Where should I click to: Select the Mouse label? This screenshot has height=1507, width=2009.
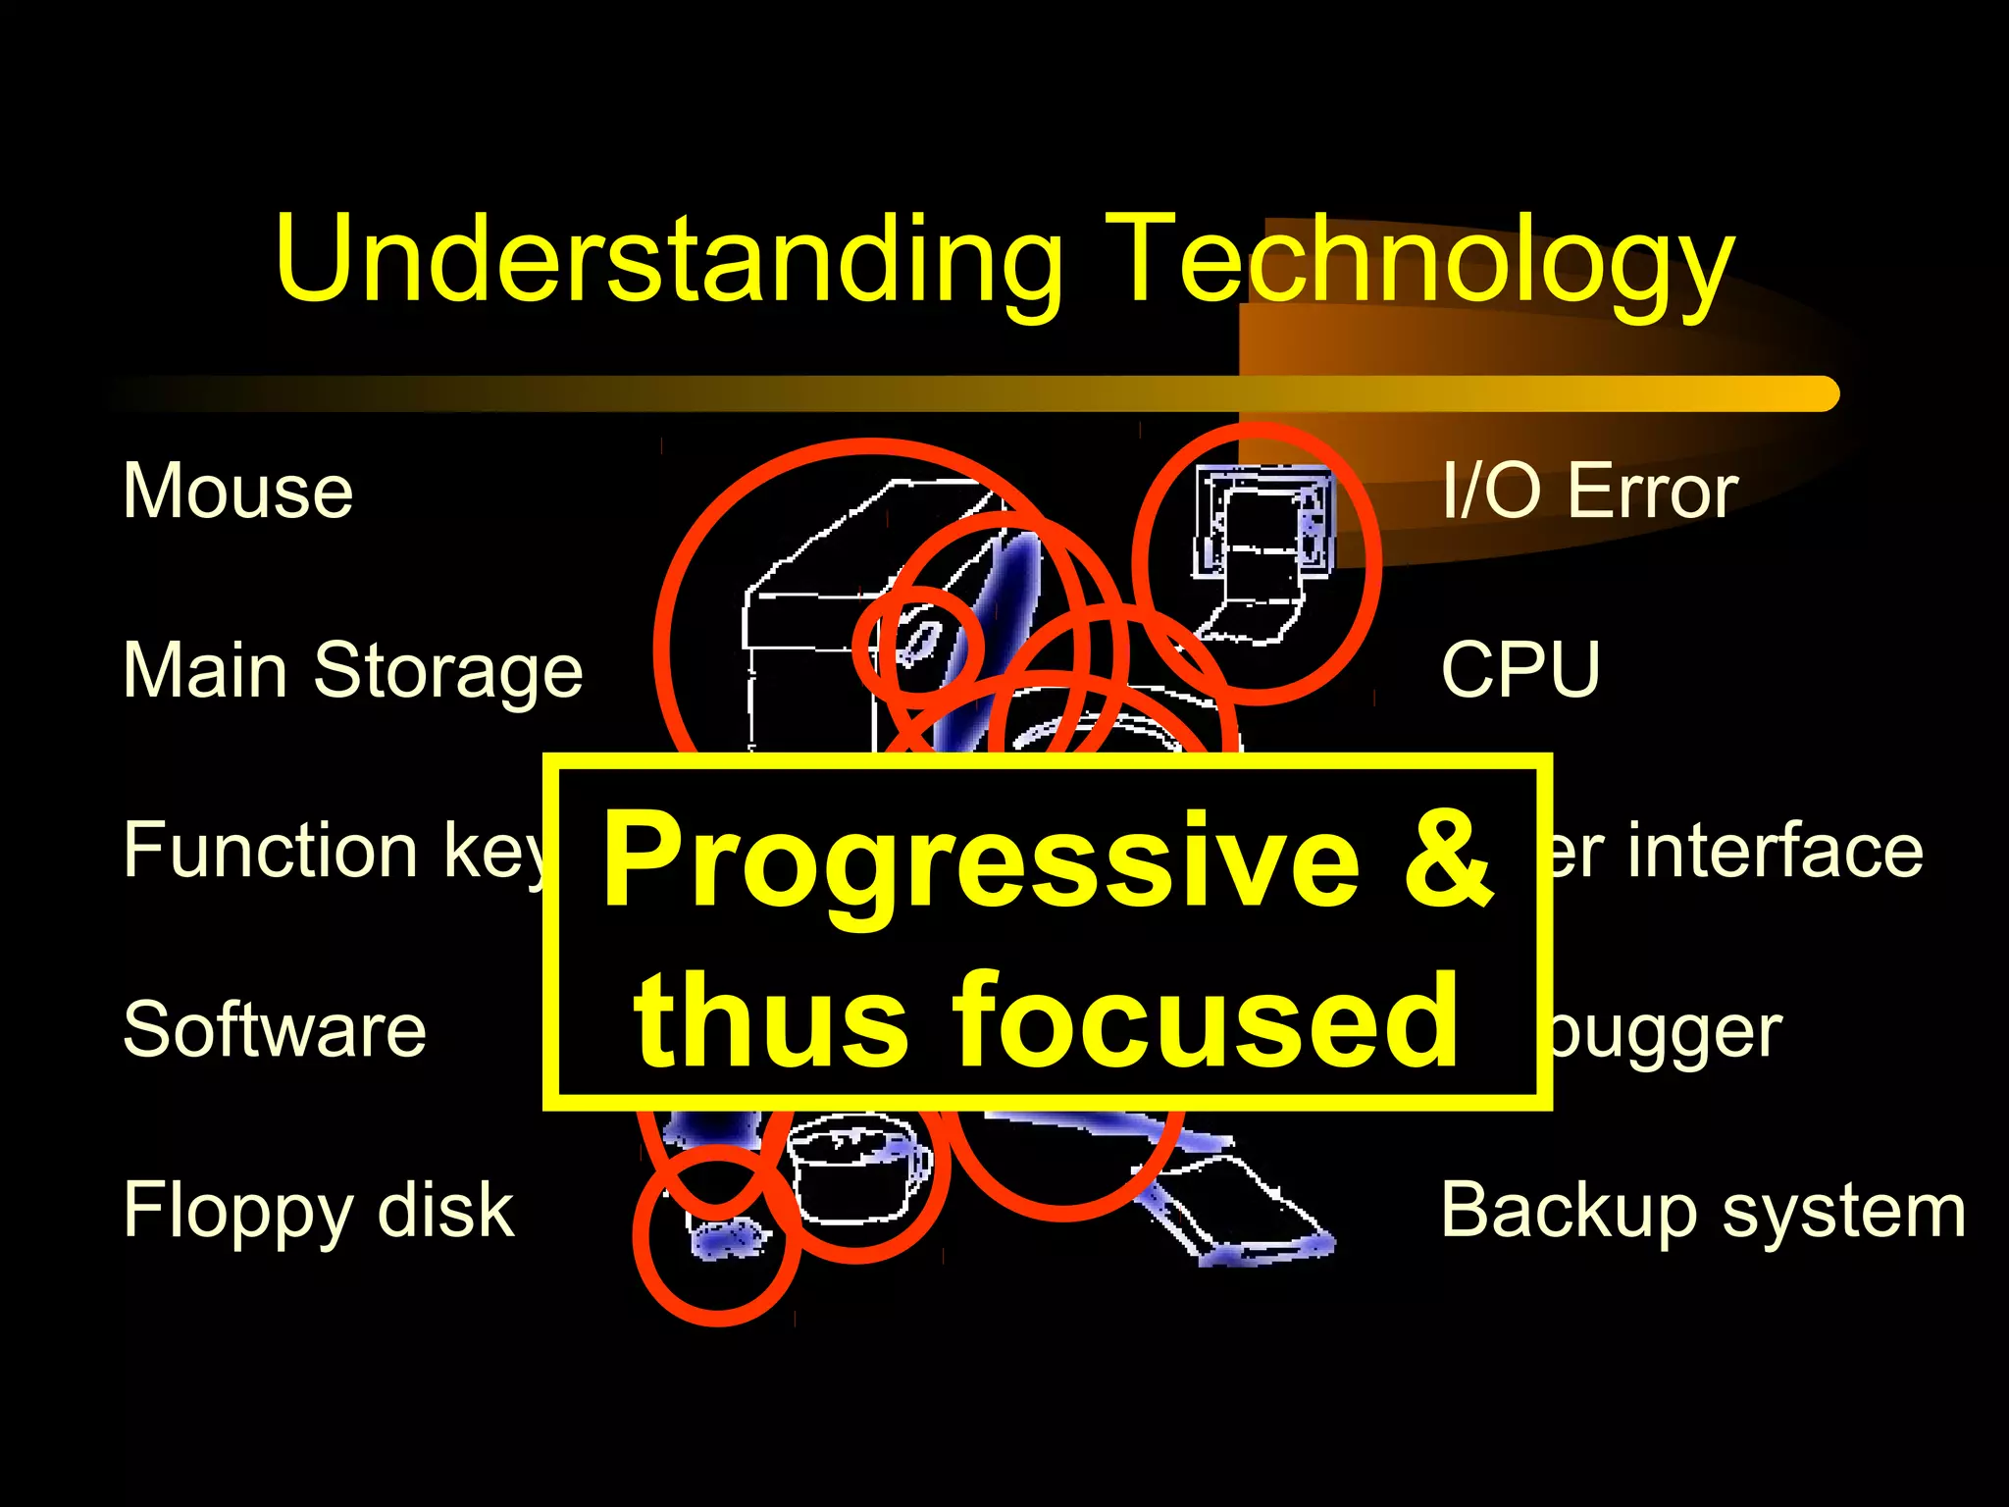[x=237, y=491]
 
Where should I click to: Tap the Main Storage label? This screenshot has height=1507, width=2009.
[x=353, y=671]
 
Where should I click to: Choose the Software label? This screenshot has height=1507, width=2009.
[x=275, y=1030]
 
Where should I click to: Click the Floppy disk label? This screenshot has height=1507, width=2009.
[x=318, y=1211]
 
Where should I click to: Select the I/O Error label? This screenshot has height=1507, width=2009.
[x=1589, y=491]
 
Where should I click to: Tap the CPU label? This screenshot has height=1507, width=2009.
[x=1520, y=671]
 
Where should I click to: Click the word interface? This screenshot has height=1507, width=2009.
[x=1776, y=850]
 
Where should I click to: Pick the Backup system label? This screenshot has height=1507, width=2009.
[x=1703, y=1211]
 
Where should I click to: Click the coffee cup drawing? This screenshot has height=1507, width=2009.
[x=853, y=1172]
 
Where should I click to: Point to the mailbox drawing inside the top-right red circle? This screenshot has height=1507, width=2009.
[x=1260, y=549]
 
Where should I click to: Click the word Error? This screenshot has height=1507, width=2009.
[x=1654, y=491]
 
